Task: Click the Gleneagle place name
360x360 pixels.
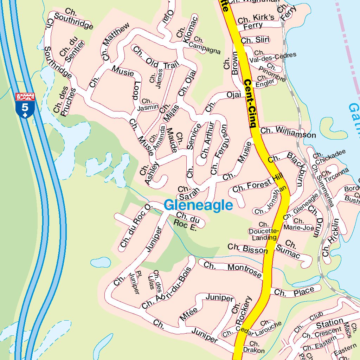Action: click(x=198, y=205)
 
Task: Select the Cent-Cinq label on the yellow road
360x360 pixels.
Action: click(x=251, y=103)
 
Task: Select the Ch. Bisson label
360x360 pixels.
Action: click(x=247, y=249)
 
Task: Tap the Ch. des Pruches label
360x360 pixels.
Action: click(x=65, y=102)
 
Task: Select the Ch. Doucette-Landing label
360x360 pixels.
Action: click(x=264, y=231)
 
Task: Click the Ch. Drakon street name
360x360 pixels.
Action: click(x=254, y=347)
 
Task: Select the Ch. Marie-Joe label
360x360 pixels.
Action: click(x=298, y=225)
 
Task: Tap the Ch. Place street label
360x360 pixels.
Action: click(x=294, y=291)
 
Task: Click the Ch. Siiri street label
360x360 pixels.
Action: click(x=255, y=40)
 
